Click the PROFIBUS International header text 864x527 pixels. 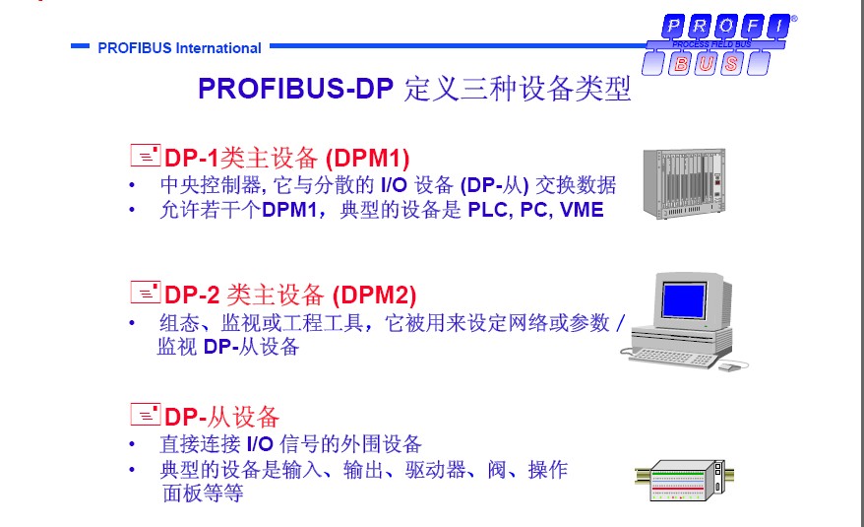(x=179, y=48)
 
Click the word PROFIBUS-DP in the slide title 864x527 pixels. (x=296, y=89)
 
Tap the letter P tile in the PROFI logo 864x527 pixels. (x=673, y=26)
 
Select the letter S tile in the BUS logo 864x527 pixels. (x=731, y=63)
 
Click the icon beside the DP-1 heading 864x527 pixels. (x=146, y=156)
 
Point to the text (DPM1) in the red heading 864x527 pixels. (x=367, y=159)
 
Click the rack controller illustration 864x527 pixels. (x=684, y=184)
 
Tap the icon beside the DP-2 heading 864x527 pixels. (x=146, y=292)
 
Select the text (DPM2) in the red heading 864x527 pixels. (x=374, y=296)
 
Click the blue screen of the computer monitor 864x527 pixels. (x=684, y=300)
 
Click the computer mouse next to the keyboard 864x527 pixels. (x=730, y=367)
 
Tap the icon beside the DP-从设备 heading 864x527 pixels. (x=146, y=415)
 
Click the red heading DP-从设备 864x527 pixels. (x=222, y=417)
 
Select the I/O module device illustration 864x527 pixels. (x=684, y=480)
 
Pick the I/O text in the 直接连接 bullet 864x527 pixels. (x=260, y=443)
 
